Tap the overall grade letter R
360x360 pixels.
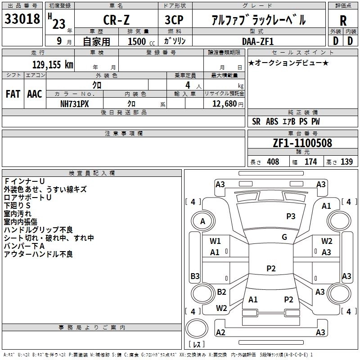click(x=343, y=20)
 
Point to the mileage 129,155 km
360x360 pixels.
click(x=53, y=64)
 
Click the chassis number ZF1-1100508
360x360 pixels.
click(x=302, y=144)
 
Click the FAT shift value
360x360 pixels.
click(x=13, y=94)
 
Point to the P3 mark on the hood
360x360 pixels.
click(x=291, y=216)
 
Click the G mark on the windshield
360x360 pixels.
click(x=284, y=237)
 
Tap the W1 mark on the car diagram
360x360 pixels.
click(x=215, y=241)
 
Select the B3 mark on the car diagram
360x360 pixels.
click(x=195, y=276)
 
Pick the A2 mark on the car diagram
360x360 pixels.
click(x=220, y=332)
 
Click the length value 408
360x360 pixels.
click(x=273, y=162)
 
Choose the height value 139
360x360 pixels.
click(x=346, y=162)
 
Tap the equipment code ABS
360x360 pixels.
click(x=272, y=121)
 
